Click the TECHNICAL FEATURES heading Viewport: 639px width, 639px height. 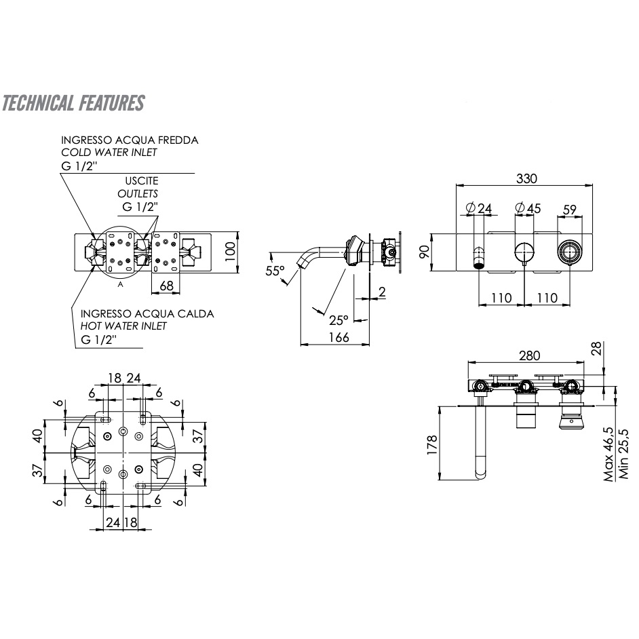[73, 103]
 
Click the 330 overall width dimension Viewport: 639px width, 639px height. [526, 178]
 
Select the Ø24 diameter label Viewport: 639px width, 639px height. [478, 208]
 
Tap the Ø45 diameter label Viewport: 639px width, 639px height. [528, 208]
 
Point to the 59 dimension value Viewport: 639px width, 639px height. [569, 210]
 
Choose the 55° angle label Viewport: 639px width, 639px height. [275, 271]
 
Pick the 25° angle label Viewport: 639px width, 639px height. [338, 319]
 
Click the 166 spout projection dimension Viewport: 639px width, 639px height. [335, 337]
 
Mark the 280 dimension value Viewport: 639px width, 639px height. [529, 355]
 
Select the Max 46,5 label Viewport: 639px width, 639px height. [610, 454]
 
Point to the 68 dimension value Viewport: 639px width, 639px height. [166, 286]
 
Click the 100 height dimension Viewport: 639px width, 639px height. [231, 252]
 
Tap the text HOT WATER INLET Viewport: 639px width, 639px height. [123, 326]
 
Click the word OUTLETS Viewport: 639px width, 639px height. [138, 193]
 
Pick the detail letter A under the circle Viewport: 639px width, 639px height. [120, 285]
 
